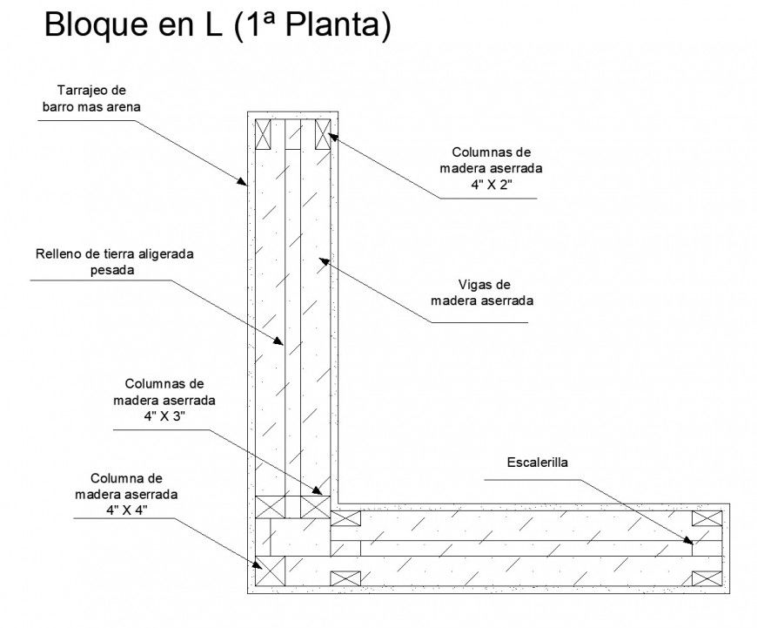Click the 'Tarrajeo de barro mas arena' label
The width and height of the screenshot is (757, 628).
pyautogui.click(x=91, y=98)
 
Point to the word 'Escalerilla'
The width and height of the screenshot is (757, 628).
pyautogui.click(x=537, y=462)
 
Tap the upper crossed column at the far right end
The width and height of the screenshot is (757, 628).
pyautogui.click(x=706, y=518)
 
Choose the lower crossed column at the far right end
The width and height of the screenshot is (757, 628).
pyautogui.click(x=706, y=577)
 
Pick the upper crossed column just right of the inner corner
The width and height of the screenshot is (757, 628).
pyautogui.click(x=345, y=518)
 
